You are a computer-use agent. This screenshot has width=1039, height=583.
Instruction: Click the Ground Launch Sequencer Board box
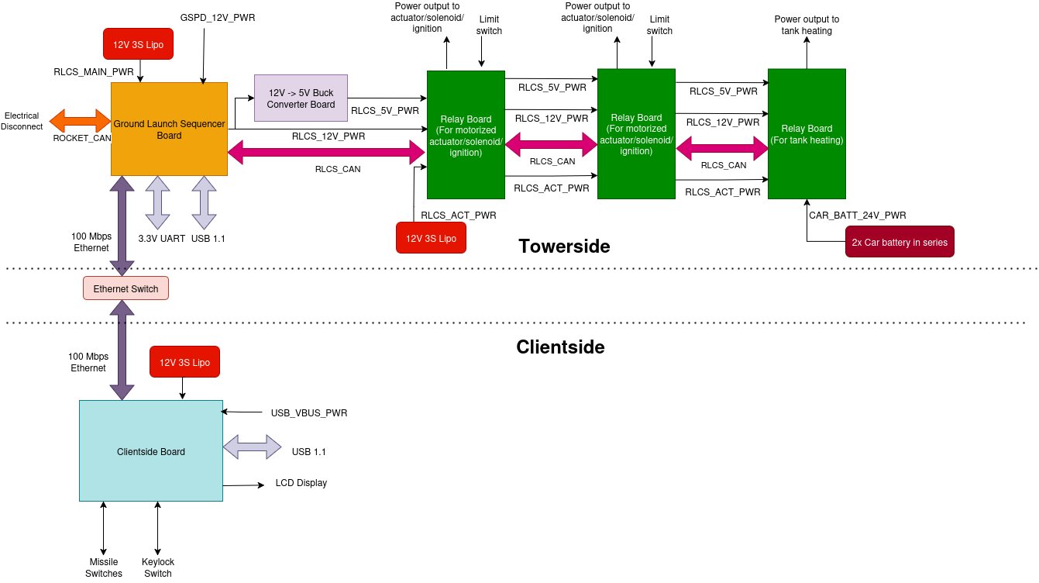(x=169, y=129)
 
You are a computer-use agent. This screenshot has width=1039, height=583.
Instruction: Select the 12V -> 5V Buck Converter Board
(x=301, y=98)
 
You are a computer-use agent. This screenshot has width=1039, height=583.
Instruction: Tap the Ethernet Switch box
(x=126, y=288)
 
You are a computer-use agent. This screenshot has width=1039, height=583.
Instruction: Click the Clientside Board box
(x=150, y=451)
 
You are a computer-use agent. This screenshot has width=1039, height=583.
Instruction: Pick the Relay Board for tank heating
(x=807, y=134)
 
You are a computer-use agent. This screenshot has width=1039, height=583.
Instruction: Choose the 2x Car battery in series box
(x=900, y=242)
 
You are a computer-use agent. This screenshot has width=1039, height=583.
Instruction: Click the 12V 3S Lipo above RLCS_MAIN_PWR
(x=138, y=44)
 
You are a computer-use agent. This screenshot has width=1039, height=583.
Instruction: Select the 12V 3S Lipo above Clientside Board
(x=184, y=362)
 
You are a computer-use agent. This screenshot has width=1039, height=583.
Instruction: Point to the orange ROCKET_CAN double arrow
(x=81, y=120)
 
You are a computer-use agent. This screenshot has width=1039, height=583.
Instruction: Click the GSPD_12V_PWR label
(x=218, y=17)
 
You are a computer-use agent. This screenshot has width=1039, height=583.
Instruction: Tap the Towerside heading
(x=564, y=247)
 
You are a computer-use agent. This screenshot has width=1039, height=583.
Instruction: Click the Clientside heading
(x=560, y=347)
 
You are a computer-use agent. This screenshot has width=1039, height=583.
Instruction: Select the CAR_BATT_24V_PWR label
(x=857, y=216)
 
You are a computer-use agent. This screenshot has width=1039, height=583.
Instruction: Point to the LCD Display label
(x=301, y=483)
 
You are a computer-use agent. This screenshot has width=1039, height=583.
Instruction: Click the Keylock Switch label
(x=158, y=567)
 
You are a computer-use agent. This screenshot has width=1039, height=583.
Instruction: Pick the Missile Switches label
(x=104, y=567)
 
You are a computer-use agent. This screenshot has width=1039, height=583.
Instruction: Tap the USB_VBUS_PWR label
(x=308, y=413)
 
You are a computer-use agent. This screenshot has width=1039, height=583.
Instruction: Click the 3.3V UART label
(x=162, y=239)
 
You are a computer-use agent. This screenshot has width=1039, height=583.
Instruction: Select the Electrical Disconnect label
(x=22, y=121)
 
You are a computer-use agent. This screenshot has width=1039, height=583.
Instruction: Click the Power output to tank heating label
(x=807, y=25)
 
